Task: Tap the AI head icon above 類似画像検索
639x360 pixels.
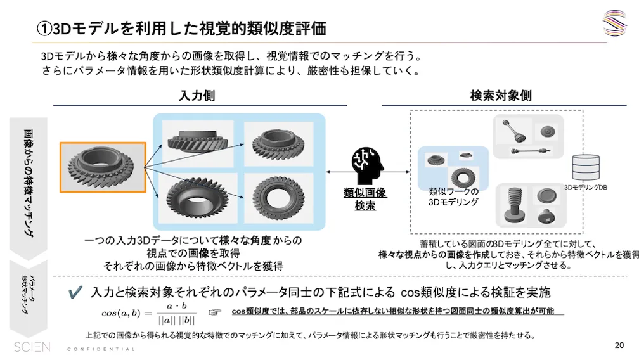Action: [x=365, y=167]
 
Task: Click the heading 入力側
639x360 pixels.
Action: [x=197, y=96]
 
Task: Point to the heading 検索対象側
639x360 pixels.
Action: [x=500, y=96]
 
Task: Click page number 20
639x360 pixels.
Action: [x=619, y=345]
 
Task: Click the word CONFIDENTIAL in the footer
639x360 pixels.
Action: [x=101, y=349]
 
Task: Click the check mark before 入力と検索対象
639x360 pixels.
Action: [x=75, y=292]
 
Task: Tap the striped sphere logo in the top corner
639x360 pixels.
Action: [x=614, y=23]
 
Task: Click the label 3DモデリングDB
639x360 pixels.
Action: [x=586, y=187]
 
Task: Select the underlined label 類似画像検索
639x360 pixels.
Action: [x=365, y=199]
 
